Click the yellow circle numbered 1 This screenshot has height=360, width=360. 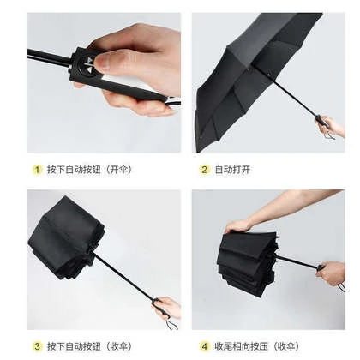pyautogui.click(x=37, y=170)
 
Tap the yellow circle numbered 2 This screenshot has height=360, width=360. pyautogui.click(x=204, y=170)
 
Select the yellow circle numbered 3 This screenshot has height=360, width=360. pyautogui.click(x=37, y=346)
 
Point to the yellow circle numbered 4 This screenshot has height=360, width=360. pyautogui.click(x=204, y=346)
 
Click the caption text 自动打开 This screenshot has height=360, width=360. pyautogui.click(x=232, y=170)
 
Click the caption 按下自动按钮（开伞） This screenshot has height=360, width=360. pyautogui.click(x=90, y=170)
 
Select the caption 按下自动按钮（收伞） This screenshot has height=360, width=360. pyautogui.click(x=90, y=346)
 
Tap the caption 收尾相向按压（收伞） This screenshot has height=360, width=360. pyautogui.click(x=257, y=346)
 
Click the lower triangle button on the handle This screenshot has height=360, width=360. pyautogui.click(x=89, y=70)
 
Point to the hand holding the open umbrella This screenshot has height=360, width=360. pyautogui.click(x=330, y=127)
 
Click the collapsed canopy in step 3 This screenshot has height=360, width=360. pyautogui.click(x=66, y=237)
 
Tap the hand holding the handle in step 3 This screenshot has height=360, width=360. pyautogui.click(x=169, y=308)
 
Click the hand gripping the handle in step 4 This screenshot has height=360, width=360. pyautogui.click(x=332, y=273)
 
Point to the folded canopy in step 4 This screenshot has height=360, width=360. pyautogui.click(x=247, y=263)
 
